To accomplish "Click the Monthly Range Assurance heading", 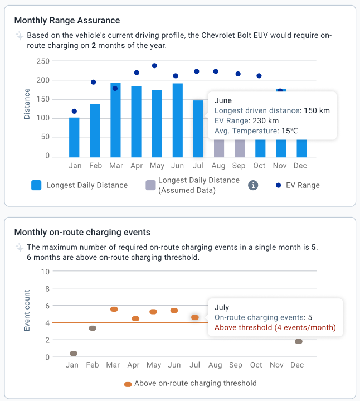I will pos(67,21).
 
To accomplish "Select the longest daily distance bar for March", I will pos(115,120).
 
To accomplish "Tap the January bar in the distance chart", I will pos(74,137).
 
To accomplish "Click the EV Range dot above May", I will pos(154,66).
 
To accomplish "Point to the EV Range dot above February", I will pos(94,82).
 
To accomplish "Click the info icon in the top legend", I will pos(253,185).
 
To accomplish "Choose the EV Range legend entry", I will pos(300,185).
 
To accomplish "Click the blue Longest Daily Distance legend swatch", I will pos(37,185).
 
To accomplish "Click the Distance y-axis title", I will pos(27,104).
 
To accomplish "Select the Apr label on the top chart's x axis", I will pos(136,166).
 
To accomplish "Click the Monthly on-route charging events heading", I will pos(82,233).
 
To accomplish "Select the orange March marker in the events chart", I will pos(114,309).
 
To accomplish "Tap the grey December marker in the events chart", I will pos(298,341).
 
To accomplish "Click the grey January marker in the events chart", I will pos(73,353).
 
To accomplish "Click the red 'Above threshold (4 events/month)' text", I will pos(275,327).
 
